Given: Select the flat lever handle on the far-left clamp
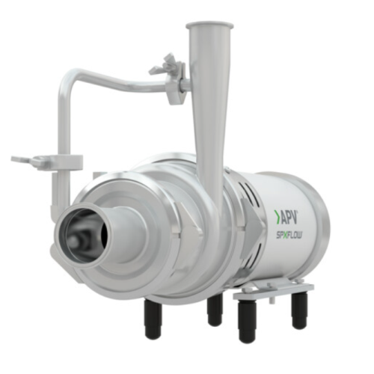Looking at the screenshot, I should pos(28,159).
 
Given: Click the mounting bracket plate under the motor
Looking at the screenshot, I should pos(280,287).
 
